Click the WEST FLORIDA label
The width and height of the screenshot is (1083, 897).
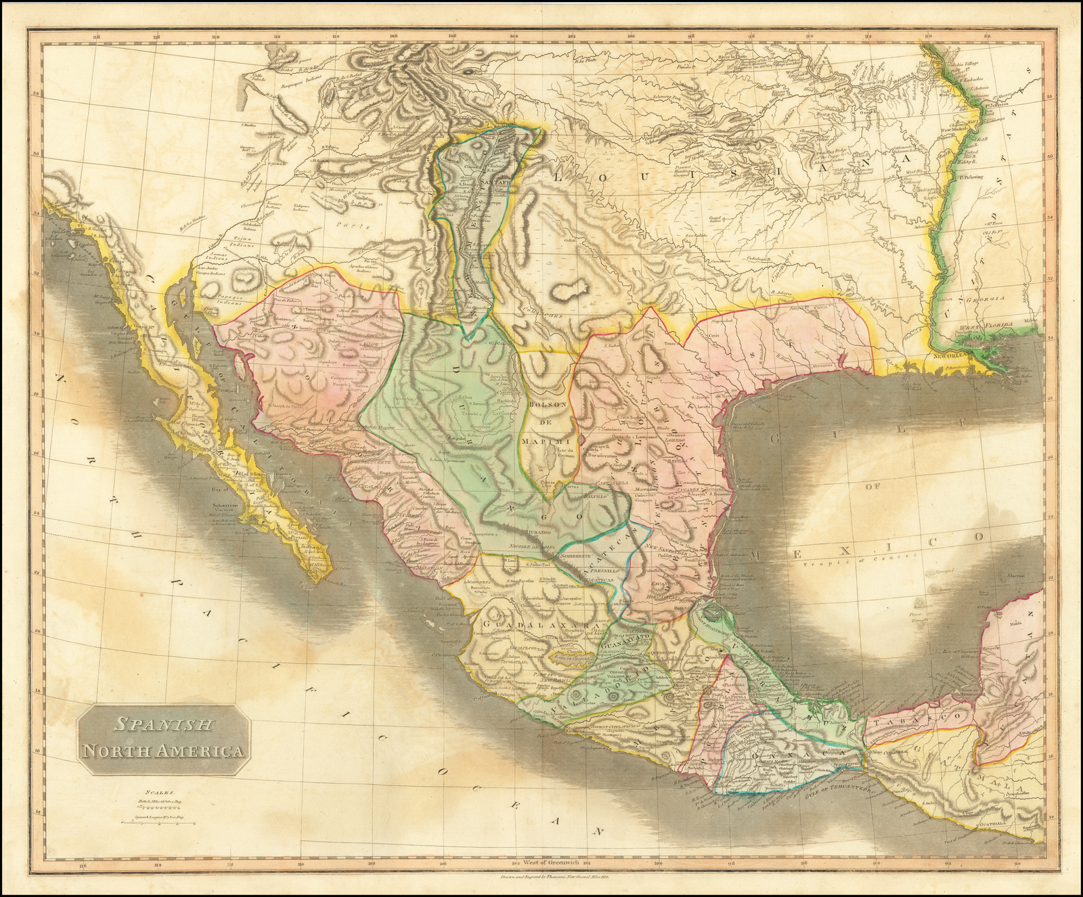click(x=996, y=326)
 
